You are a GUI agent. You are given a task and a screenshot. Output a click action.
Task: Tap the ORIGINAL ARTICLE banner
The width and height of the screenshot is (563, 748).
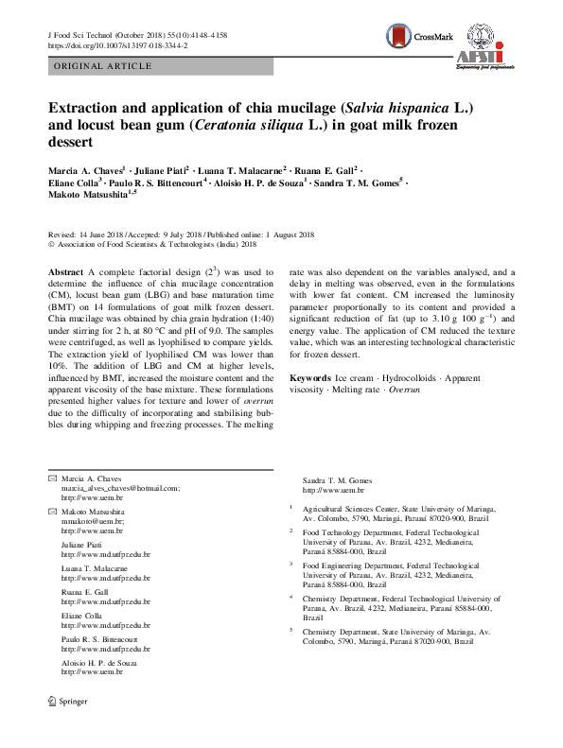(x=104, y=66)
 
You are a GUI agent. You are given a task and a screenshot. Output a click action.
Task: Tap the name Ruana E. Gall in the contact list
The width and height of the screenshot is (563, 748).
(x=85, y=592)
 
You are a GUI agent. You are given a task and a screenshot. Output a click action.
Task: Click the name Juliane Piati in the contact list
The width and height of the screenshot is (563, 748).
(x=83, y=545)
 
